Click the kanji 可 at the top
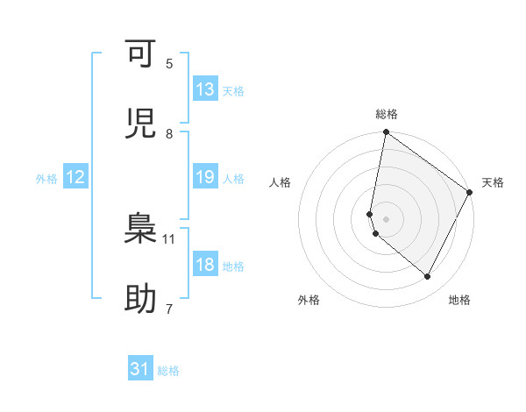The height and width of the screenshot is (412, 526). (140, 55)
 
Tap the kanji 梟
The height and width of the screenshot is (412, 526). (140, 231)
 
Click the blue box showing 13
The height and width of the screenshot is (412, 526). (205, 89)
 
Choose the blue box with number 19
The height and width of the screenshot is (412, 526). (205, 177)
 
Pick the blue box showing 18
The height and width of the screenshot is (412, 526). (205, 265)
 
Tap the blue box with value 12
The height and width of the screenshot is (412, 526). (75, 177)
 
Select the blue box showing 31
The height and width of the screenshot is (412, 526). (140, 369)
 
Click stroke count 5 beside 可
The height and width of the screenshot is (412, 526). (169, 63)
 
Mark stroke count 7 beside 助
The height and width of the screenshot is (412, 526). (169, 309)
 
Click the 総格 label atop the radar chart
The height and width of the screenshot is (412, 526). (387, 115)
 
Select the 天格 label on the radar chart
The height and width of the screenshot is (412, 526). (493, 182)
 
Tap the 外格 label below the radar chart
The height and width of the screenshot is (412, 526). (309, 300)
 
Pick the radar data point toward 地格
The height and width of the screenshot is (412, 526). (428, 277)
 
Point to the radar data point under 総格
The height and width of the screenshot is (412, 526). (386, 133)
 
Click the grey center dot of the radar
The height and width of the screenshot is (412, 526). (386, 218)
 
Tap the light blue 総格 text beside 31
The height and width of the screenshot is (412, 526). (168, 371)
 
